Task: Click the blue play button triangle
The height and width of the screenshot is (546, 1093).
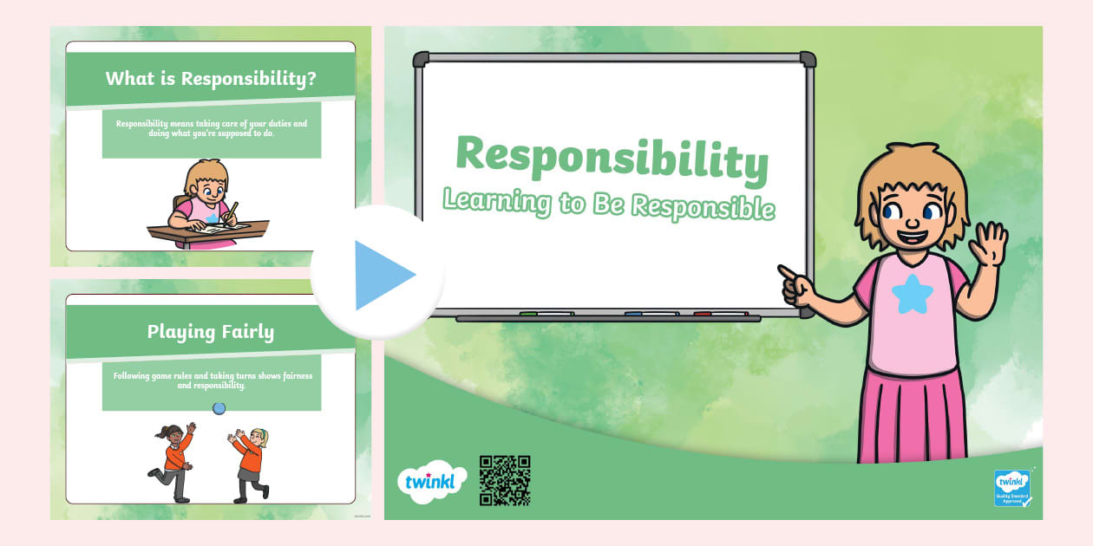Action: (383, 276)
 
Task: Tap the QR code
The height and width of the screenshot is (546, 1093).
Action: (504, 480)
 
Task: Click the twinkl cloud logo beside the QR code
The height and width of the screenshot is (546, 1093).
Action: (431, 482)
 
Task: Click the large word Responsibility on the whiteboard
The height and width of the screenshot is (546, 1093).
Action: (612, 158)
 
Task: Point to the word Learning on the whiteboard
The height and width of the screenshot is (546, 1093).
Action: (497, 201)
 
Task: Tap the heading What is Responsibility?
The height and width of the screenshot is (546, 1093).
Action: (211, 79)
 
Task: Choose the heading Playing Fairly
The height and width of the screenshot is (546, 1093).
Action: (211, 331)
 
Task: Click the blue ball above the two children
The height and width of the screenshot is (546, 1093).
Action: (219, 408)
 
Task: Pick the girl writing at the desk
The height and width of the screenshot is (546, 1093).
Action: (206, 204)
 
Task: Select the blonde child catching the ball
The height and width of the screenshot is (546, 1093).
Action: (251, 464)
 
